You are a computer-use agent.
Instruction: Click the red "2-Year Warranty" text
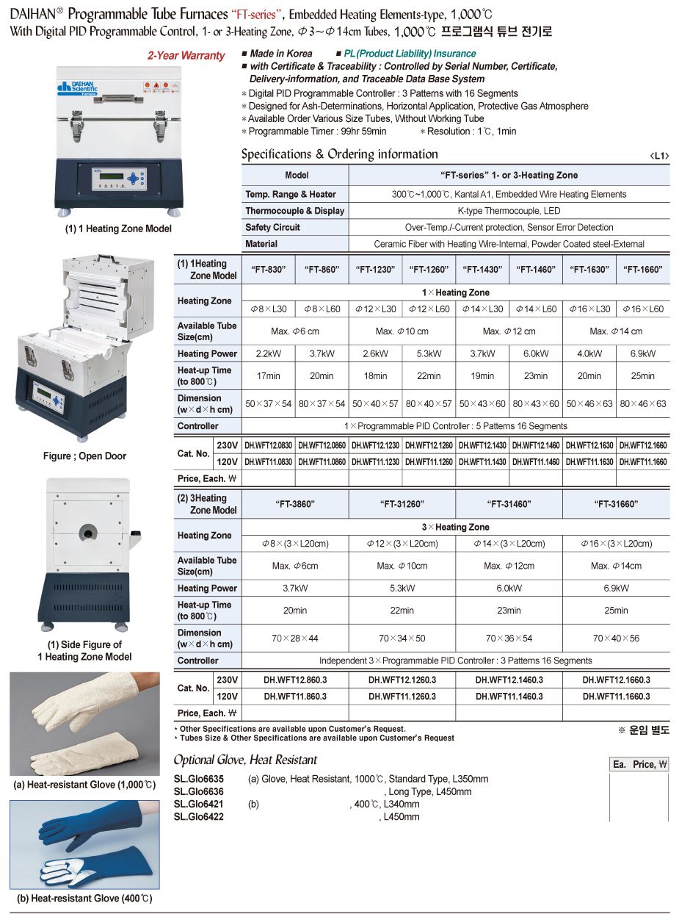point(186,56)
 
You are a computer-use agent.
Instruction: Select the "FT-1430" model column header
point(482,270)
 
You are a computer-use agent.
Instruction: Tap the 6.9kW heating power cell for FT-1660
point(642,353)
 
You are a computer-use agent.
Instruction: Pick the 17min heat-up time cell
point(268,376)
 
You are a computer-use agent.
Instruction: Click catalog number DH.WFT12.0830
point(268,445)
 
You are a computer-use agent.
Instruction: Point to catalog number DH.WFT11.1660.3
point(616,696)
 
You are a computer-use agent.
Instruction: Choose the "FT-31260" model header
point(402,504)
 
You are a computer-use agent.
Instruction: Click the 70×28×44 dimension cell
point(295,638)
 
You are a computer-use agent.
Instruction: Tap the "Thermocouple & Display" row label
point(294,211)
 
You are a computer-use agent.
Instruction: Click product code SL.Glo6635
point(199,779)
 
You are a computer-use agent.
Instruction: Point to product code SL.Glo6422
point(199,816)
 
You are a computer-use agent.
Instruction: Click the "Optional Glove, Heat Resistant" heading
point(245,760)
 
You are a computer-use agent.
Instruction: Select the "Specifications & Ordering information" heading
point(339,154)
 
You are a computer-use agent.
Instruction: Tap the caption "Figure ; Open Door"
point(84,456)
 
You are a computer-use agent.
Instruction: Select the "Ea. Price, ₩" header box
point(639,765)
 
